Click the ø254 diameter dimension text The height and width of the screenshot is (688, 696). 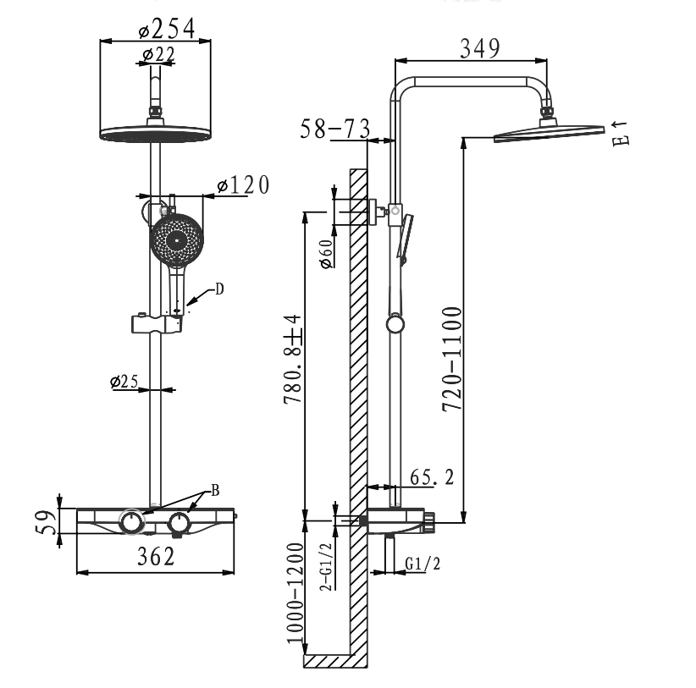click(x=167, y=30)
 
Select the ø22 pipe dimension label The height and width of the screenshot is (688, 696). click(x=159, y=54)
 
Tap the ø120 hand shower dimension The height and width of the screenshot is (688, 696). click(x=243, y=185)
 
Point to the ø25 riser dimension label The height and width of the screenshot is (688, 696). click(x=124, y=382)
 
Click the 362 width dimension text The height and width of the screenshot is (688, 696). click(x=157, y=556)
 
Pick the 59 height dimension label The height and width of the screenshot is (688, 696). click(x=47, y=522)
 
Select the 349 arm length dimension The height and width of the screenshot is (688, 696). click(x=480, y=48)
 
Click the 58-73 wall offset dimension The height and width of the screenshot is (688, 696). click(x=335, y=129)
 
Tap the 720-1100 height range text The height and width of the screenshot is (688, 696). click(x=452, y=359)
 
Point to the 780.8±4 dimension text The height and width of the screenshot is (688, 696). click(x=292, y=360)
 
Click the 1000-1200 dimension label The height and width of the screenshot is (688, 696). click(x=296, y=593)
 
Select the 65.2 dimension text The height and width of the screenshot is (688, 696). click(x=432, y=477)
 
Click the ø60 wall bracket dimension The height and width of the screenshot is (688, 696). click(x=326, y=254)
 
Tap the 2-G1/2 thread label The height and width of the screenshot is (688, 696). click(x=326, y=567)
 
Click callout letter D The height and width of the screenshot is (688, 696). click(x=219, y=289)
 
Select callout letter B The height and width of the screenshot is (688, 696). click(x=215, y=490)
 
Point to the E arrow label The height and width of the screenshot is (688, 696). click(x=620, y=134)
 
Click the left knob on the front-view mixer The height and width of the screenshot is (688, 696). click(x=132, y=521)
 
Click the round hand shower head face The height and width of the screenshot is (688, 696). click(x=177, y=240)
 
